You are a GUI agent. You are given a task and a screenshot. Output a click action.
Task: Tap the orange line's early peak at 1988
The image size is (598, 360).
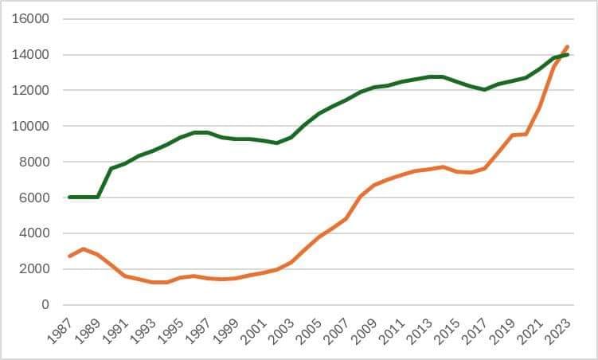[x=84, y=249]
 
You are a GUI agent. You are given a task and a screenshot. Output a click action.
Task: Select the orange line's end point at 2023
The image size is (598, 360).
[x=567, y=46]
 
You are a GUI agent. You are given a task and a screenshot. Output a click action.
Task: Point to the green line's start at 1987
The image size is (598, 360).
[x=70, y=197]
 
